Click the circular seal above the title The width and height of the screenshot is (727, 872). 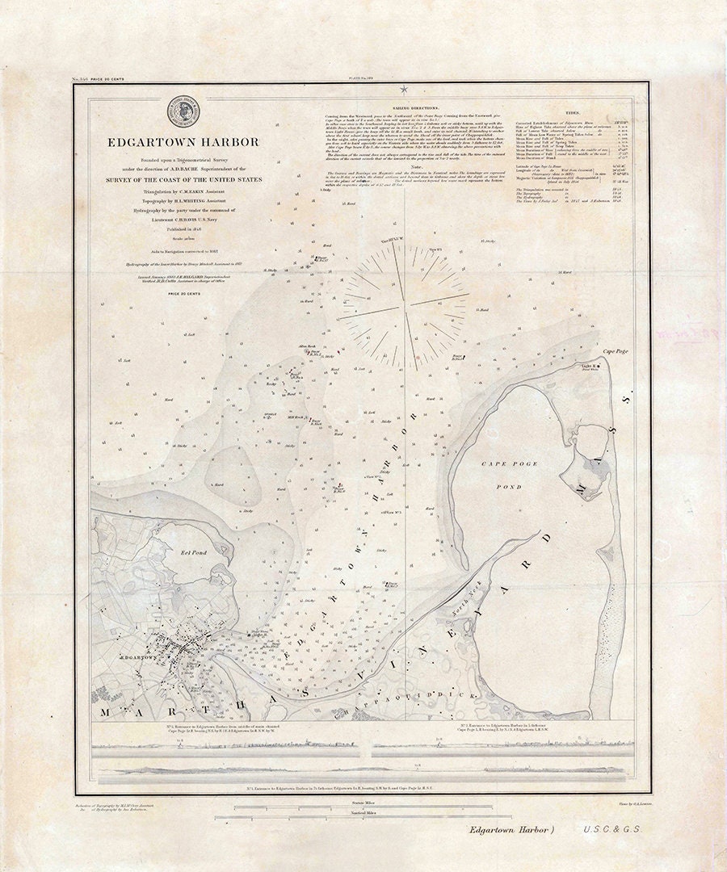(183, 111)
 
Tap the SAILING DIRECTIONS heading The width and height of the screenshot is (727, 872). (415, 107)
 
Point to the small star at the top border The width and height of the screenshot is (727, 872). (403, 88)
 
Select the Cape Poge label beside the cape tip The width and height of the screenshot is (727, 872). (614, 352)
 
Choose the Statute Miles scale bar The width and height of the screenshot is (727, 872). (357, 807)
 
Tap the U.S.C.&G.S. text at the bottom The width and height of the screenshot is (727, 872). (611, 828)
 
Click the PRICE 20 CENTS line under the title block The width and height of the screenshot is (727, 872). (184, 293)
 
